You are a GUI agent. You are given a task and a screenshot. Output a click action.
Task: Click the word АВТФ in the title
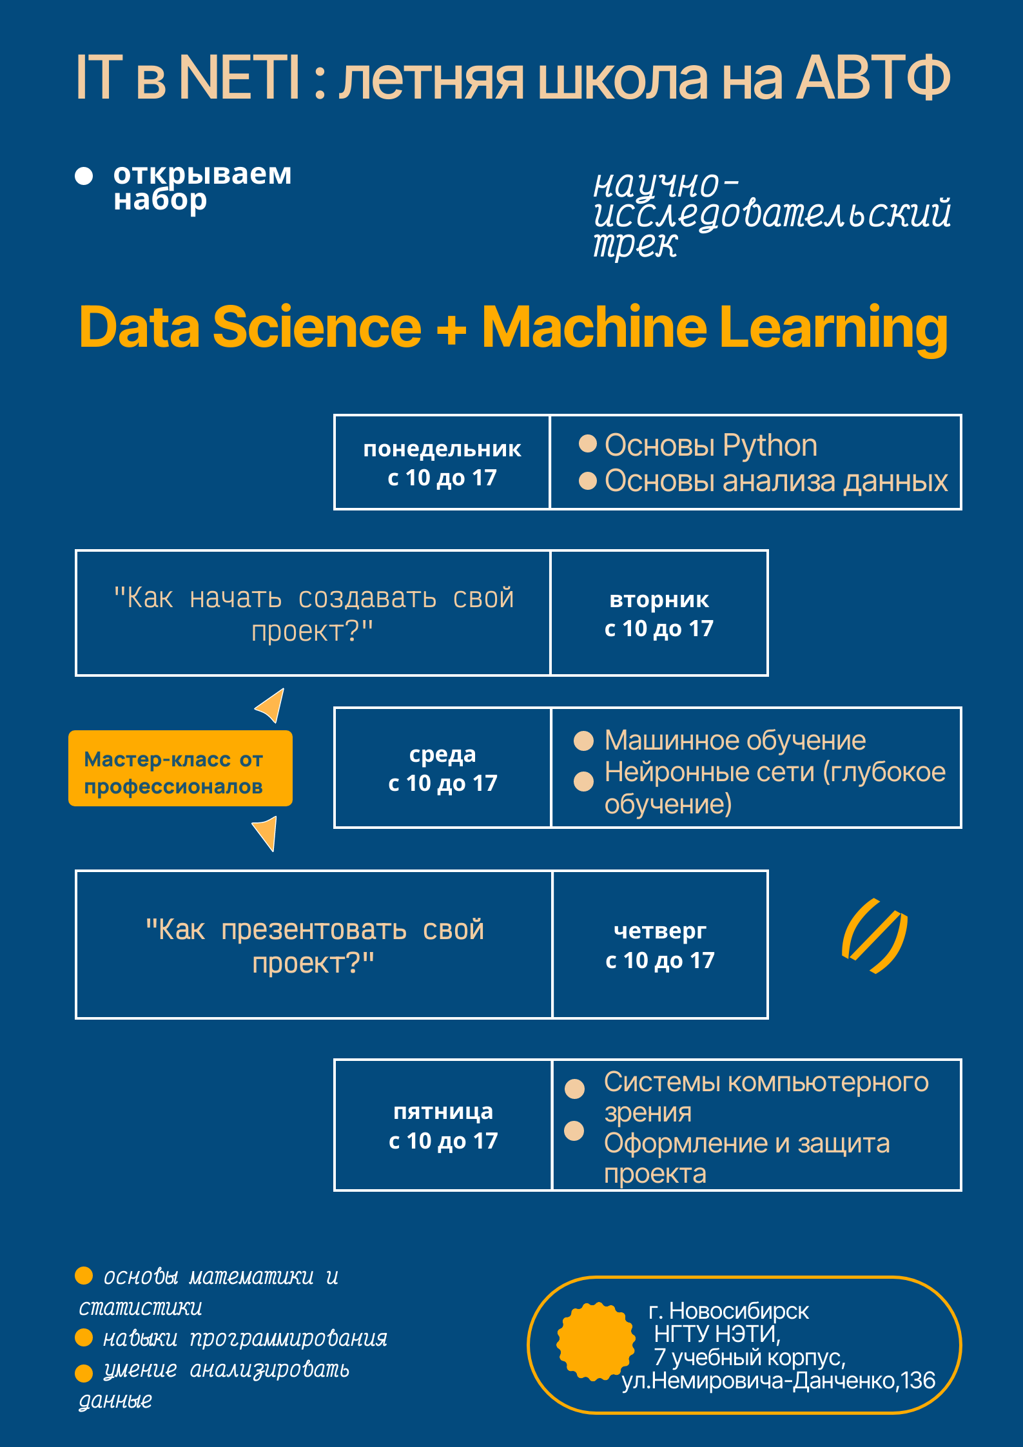[x=873, y=77]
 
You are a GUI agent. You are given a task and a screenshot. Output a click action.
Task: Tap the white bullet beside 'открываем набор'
[x=84, y=176]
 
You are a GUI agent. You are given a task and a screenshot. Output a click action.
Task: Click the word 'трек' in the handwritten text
[x=636, y=245]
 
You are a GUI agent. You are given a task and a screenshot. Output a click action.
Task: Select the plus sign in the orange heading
[x=451, y=328]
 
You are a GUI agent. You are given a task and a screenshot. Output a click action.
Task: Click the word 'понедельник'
[x=442, y=449]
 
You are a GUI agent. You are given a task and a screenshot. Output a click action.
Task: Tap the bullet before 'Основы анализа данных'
[x=588, y=481]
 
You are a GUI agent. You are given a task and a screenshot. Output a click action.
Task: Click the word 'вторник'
[x=659, y=600]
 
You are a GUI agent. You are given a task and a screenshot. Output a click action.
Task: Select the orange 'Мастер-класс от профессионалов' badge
[x=180, y=768]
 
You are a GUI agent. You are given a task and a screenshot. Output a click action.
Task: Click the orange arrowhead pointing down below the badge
[x=266, y=833]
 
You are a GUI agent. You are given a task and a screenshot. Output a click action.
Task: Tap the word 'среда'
[x=443, y=754]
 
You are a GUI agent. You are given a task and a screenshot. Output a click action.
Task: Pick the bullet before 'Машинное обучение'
[x=583, y=741]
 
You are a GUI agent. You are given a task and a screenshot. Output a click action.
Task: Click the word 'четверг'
[x=660, y=931]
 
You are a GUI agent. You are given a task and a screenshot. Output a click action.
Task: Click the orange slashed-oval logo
[x=875, y=936]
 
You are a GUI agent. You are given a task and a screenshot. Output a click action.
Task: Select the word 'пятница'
[x=443, y=1112]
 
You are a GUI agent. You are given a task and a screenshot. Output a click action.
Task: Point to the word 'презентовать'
[x=314, y=930]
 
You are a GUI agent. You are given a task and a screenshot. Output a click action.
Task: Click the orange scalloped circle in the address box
[x=596, y=1341]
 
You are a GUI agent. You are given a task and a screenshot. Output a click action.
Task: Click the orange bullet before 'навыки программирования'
[x=84, y=1338]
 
